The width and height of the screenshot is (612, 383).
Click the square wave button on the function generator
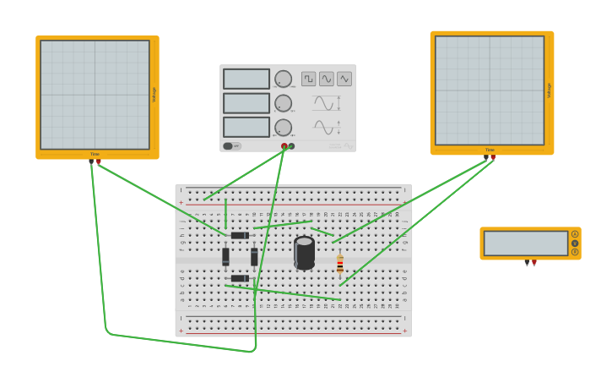(x=309, y=79)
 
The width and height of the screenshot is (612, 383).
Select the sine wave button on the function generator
(x=327, y=79)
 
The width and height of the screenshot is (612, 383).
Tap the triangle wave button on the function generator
(x=344, y=79)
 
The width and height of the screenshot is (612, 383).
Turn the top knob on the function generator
(x=283, y=79)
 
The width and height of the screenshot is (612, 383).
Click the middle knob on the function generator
(x=283, y=103)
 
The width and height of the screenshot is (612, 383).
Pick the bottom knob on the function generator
(x=283, y=128)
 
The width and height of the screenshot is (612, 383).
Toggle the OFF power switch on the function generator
(x=231, y=145)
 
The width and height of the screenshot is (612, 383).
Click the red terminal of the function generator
(x=284, y=146)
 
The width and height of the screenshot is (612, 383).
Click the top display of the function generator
(x=246, y=79)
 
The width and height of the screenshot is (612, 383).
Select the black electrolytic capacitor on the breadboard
(x=305, y=253)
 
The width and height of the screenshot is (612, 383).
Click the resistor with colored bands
(x=340, y=265)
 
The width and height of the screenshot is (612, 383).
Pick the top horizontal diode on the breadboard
(x=240, y=235)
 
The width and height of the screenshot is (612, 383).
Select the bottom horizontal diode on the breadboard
(x=240, y=278)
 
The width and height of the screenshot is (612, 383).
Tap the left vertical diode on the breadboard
(x=225, y=256)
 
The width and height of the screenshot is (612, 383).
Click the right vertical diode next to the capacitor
(x=254, y=256)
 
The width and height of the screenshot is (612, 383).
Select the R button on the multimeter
(x=575, y=252)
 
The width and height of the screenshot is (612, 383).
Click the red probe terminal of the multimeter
(x=534, y=262)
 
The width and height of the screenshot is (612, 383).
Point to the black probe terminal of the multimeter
(x=527, y=262)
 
